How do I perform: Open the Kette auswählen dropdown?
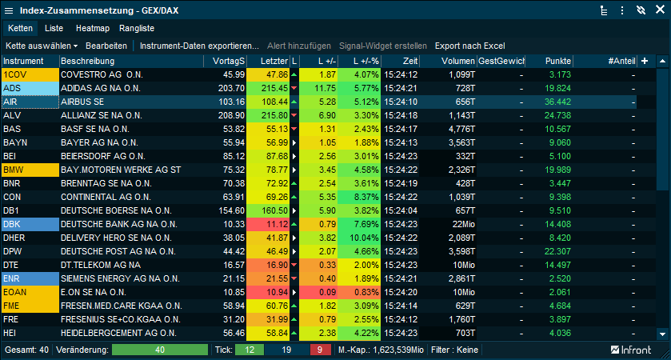coord(42,46)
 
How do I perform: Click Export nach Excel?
coord(469,46)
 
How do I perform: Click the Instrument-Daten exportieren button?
coord(199,46)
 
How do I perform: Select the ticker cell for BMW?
coord(30,170)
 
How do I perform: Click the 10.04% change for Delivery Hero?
coord(358,238)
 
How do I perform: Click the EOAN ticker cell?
coord(30,292)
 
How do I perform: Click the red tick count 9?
coord(320,350)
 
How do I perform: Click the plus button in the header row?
coord(645,61)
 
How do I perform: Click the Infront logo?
coord(631,350)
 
